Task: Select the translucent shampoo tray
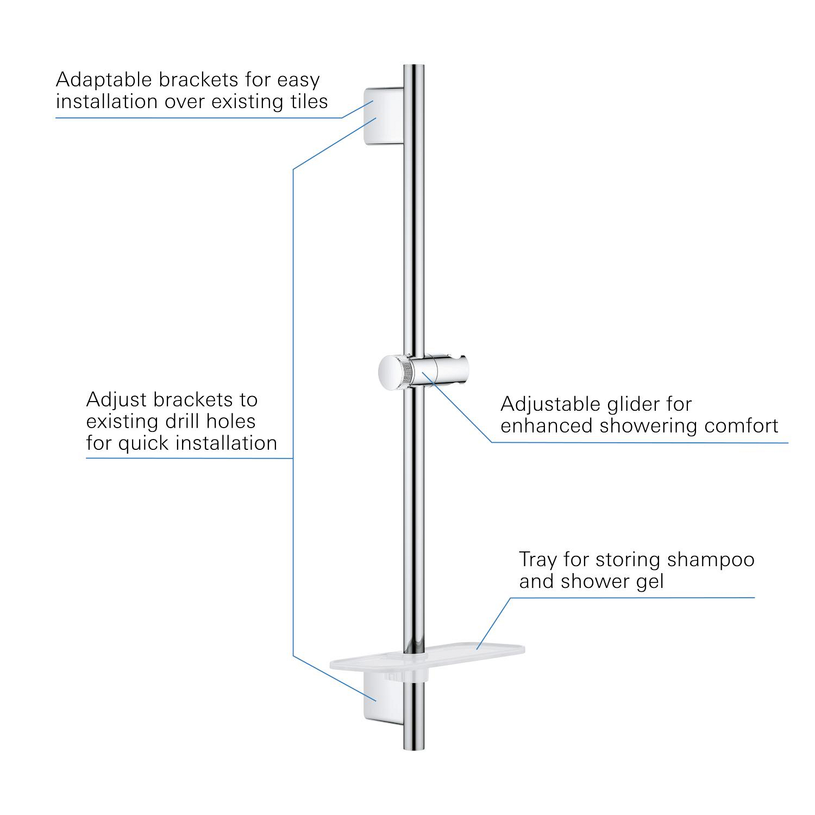[428, 659]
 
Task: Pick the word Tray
[538, 560]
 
